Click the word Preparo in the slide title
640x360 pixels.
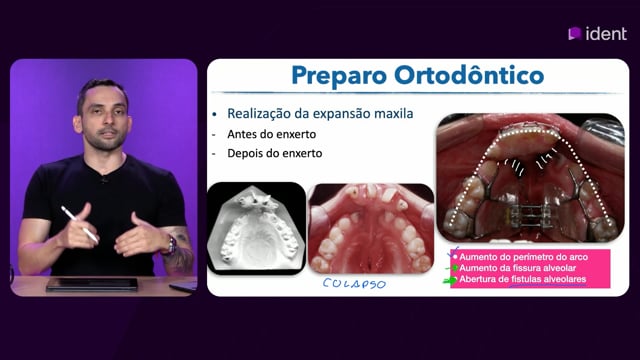(339, 76)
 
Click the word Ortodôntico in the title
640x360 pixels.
(469, 75)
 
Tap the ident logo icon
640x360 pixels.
(575, 33)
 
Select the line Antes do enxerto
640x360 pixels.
(271, 134)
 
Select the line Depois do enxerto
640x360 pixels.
(275, 153)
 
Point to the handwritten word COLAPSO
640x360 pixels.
(354, 284)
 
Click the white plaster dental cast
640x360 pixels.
(256, 229)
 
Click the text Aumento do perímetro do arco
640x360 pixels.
(524, 257)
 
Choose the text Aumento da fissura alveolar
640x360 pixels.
(518, 268)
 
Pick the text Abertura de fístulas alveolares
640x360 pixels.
(523, 279)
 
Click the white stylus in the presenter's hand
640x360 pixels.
(80, 224)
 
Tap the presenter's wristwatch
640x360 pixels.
(171, 246)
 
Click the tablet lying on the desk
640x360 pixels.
(92, 284)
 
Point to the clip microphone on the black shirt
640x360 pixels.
(105, 178)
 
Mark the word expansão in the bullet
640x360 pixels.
(341, 114)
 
